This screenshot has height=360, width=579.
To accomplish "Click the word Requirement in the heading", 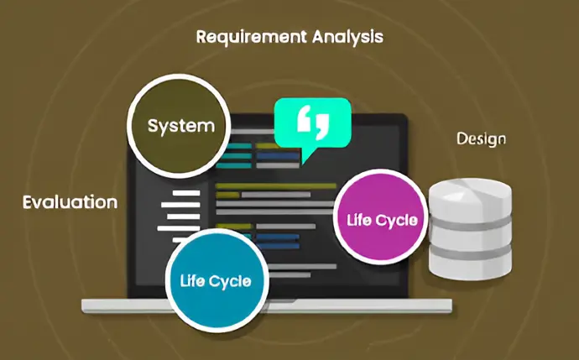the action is coord(251,37).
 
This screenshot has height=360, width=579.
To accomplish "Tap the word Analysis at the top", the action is coord(348,37).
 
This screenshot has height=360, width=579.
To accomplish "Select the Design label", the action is coord(481,139).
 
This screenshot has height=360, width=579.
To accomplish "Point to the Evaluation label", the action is coord(70,202).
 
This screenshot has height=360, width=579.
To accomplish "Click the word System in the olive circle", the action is coord(181,126).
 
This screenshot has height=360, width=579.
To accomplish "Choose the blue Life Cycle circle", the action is coord(216,280).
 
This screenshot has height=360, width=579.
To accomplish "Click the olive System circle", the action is coord(179,126).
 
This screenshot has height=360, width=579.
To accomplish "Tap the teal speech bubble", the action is coord(312,127).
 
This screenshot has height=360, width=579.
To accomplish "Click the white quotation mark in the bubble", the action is coord(313,119).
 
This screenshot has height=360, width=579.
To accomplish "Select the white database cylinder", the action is coord(470,229).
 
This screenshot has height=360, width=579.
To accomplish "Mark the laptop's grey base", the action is coord(267,306).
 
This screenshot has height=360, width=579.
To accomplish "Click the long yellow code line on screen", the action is coord(276,185).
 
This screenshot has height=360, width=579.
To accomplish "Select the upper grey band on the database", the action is coord(470,223).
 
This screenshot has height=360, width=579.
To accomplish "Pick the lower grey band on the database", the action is coord(470,253).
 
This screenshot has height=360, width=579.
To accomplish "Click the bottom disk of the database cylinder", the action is coord(470,268).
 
